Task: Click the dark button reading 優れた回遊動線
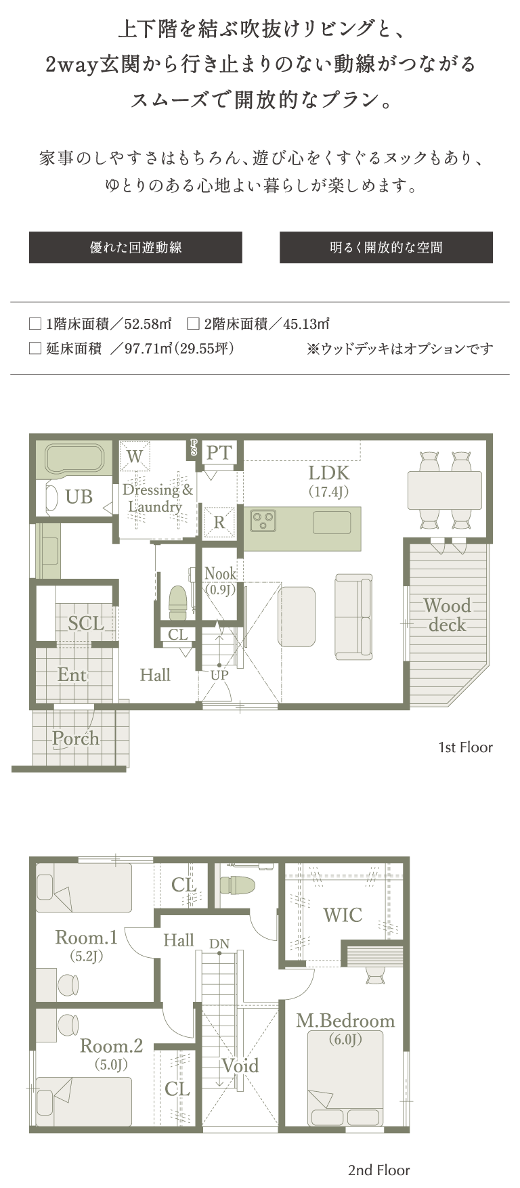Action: pyautogui.click(x=135, y=247)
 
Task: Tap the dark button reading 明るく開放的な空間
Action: pyautogui.click(x=386, y=247)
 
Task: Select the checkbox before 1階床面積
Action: pyautogui.click(x=35, y=324)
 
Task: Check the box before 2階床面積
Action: pyautogui.click(x=193, y=324)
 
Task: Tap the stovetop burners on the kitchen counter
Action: pyautogui.click(x=263, y=521)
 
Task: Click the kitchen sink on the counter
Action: pyautogui.click(x=332, y=522)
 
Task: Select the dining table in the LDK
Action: pyautogui.click(x=445, y=490)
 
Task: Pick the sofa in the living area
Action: pyautogui.click(x=353, y=616)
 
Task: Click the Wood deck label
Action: pyautogui.click(x=447, y=615)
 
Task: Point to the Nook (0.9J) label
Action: pyautogui.click(x=221, y=581)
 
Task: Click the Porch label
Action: pyautogui.click(x=76, y=739)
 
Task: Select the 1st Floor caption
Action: pyautogui.click(x=465, y=747)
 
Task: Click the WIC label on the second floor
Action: pyautogui.click(x=343, y=915)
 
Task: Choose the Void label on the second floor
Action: pyautogui.click(x=240, y=1065)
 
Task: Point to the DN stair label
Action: pyautogui.click(x=219, y=944)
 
